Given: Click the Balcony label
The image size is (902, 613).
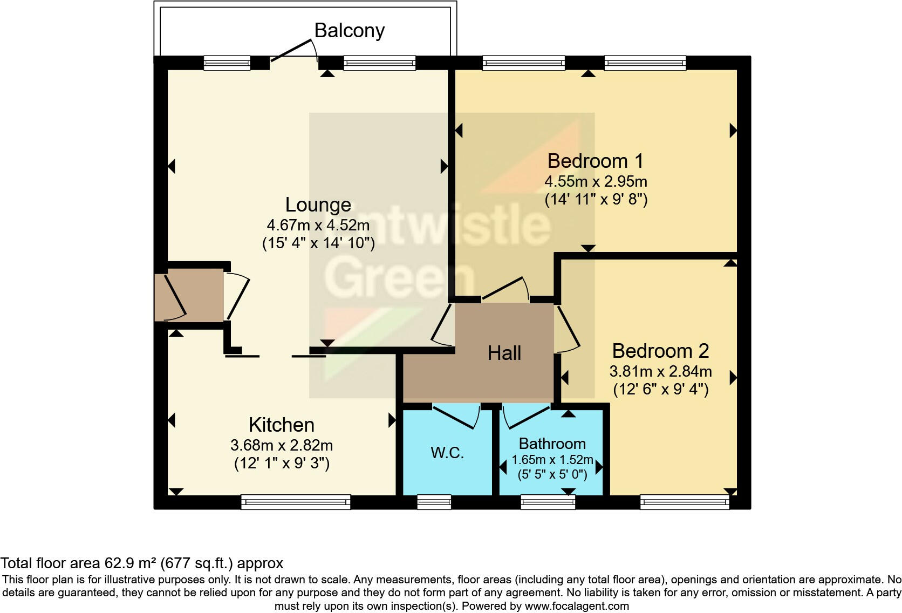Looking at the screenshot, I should click(349, 31).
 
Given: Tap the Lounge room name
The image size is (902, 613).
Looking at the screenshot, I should click(318, 205).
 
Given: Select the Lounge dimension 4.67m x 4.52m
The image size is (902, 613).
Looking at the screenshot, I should click(318, 225).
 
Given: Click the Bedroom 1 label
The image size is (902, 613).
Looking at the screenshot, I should click(595, 161).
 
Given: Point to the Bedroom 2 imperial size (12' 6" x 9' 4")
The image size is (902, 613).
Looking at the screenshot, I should click(660, 389).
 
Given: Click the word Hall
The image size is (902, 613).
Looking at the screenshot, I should click(504, 353).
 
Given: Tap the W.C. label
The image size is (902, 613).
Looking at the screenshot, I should click(447, 453).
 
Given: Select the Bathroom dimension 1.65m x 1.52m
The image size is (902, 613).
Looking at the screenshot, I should click(552, 460).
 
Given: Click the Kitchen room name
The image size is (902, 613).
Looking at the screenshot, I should click(282, 425).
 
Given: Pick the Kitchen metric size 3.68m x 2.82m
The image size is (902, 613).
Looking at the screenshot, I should click(282, 446).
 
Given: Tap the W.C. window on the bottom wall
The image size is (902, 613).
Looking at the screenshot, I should click(434, 502).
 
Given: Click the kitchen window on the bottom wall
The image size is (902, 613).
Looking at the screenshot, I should click(296, 502).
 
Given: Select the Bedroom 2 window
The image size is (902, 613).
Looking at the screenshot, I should click(685, 502).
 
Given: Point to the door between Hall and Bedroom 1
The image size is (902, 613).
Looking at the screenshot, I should click(505, 289).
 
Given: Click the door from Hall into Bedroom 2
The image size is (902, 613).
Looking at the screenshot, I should click(566, 329).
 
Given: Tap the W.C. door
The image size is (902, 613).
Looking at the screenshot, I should click(456, 416).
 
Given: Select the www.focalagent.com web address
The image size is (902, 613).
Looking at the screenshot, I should click(577, 606).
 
